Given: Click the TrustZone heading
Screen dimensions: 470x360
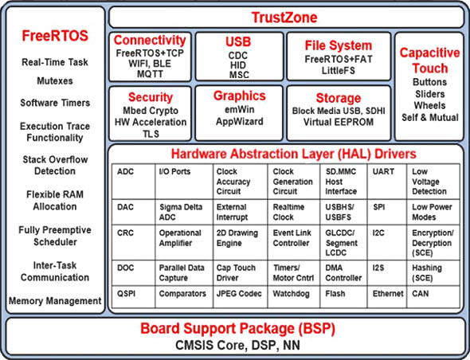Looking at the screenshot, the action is (x=284, y=18).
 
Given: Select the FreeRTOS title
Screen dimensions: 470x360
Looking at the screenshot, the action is (x=55, y=36).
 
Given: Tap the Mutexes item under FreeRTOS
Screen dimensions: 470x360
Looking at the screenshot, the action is (x=55, y=81).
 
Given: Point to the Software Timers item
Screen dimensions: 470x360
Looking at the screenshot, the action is (x=55, y=103).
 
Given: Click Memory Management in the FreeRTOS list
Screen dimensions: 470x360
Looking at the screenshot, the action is (x=55, y=300).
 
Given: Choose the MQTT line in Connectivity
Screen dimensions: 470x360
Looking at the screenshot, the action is (x=150, y=74).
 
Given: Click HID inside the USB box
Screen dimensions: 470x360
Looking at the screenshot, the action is (x=238, y=65).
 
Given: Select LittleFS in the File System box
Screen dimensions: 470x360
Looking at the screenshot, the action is (x=339, y=70).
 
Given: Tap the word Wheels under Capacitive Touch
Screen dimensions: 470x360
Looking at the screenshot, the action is (x=429, y=105).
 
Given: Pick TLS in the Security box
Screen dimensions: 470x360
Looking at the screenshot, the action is (x=151, y=134).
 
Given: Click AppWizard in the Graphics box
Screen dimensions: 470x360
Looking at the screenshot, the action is (x=240, y=121).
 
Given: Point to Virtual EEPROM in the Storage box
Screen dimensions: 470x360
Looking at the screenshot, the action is (x=339, y=122).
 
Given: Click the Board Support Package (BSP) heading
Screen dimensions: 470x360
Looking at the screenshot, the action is (x=237, y=328).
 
